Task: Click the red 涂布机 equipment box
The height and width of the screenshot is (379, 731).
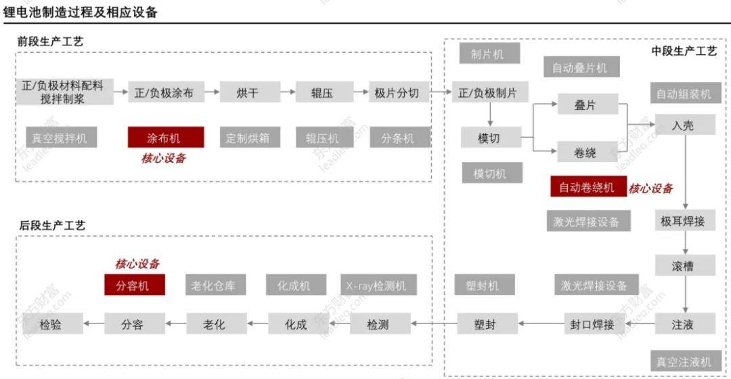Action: (166, 138)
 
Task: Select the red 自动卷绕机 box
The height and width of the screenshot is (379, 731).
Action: (587, 186)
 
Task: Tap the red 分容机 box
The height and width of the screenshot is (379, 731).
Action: (135, 285)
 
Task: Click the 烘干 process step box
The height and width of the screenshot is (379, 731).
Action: (249, 93)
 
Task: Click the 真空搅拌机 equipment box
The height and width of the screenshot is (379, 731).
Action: (60, 138)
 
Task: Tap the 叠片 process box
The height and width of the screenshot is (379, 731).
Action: (587, 105)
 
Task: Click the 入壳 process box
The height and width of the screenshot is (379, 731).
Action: (684, 125)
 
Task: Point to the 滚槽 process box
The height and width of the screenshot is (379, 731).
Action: (684, 264)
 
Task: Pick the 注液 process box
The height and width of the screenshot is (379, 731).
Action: (684, 324)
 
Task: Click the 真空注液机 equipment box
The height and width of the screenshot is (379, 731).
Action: (684, 359)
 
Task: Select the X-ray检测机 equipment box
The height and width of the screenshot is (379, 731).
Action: (378, 285)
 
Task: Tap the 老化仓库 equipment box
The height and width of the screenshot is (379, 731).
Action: (215, 285)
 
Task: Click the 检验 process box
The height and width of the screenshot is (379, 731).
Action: (52, 324)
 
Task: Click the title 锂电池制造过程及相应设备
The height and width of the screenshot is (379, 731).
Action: (81, 12)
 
